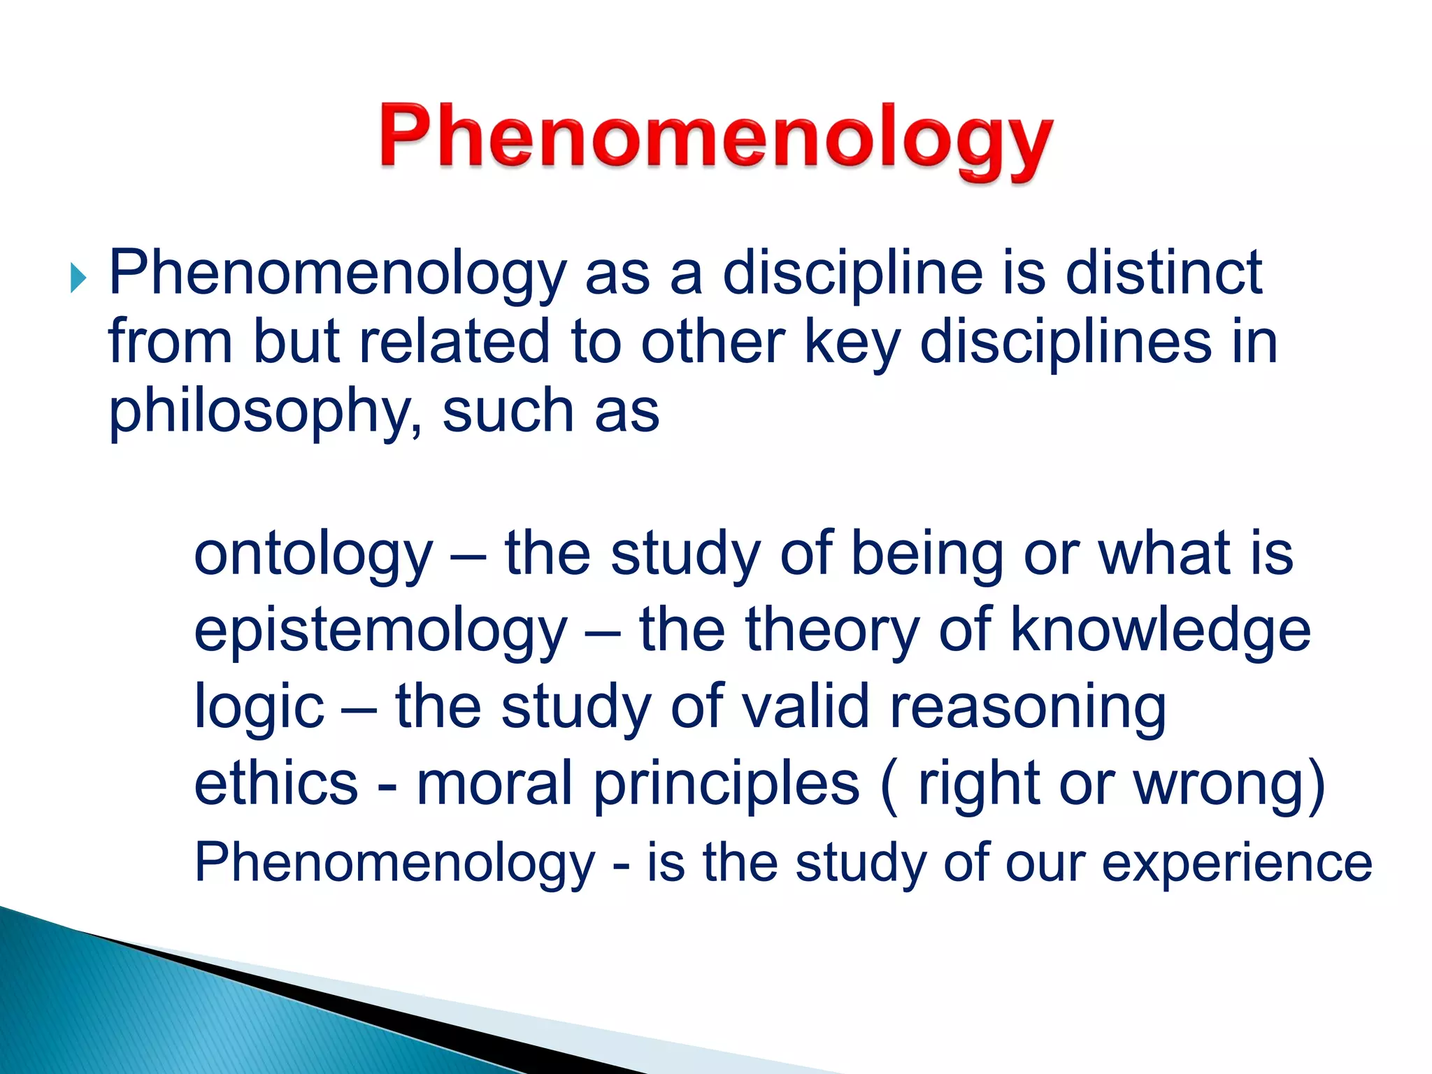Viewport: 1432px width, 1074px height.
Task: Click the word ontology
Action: tap(313, 554)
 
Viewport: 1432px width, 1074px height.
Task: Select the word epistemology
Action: tap(380, 631)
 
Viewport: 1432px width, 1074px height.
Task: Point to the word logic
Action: tap(259, 707)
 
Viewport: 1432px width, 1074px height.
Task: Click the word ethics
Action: tap(275, 783)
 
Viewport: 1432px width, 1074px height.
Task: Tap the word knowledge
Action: tap(1160, 629)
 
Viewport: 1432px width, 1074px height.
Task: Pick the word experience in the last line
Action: tap(1237, 862)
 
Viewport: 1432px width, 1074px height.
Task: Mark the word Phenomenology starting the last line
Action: tap(394, 863)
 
